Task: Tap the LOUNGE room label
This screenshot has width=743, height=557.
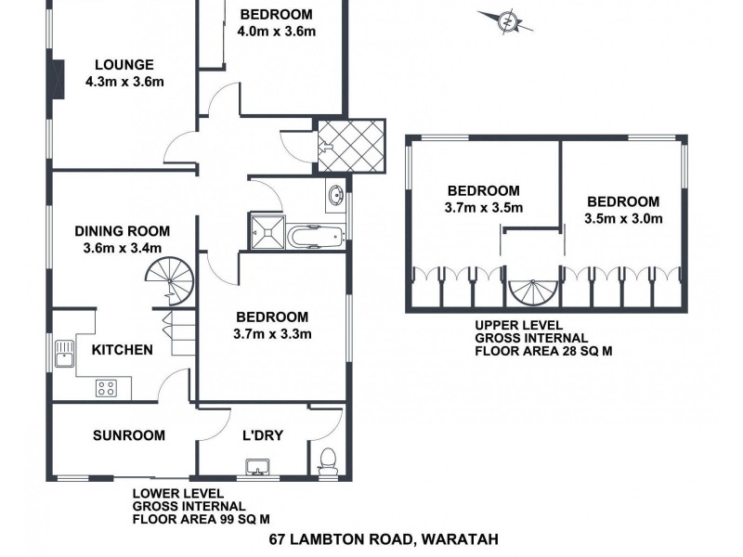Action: [x=124, y=64]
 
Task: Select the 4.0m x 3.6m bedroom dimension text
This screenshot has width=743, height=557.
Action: [x=277, y=32]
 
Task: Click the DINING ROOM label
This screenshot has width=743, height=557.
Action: [x=123, y=231]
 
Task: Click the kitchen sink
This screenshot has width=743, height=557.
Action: [x=65, y=354]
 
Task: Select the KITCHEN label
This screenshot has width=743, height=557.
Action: [x=122, y=350]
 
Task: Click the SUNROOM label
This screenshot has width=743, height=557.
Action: [x=129, y=434]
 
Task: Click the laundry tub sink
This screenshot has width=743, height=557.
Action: [x=255, y=466]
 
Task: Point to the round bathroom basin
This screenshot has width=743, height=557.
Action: [x=335, y=196]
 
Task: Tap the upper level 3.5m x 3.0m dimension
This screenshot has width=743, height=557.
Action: [x=623, y=219]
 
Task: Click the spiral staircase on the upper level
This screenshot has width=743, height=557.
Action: [x=532, y=292]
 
